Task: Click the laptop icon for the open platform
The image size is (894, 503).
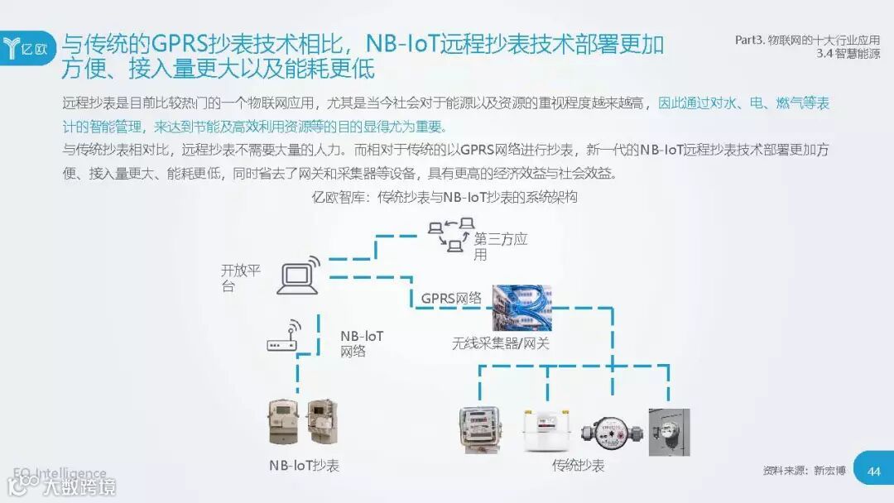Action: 298,277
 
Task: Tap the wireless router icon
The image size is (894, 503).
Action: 281,339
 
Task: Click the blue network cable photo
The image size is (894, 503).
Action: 521,308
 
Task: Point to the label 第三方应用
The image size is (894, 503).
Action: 499,247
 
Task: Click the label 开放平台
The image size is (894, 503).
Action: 240,277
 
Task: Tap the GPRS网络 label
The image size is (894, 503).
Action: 451,298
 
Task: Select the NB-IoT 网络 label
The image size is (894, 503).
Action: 362,343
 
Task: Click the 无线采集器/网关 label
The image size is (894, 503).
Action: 500,343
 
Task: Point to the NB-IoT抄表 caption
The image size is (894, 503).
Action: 304,465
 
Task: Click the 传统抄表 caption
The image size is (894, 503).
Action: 578,465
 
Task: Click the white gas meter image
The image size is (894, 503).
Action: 547,430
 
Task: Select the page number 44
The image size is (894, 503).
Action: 873,472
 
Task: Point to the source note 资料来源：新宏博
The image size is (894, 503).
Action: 804,471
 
